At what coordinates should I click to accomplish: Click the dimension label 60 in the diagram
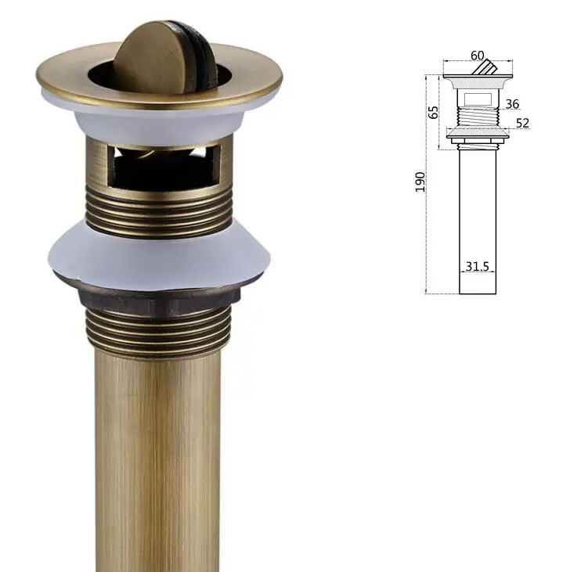click(x=477, y=56)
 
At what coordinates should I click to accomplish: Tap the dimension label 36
click(x=512, y=104)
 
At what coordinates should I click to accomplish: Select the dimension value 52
click(x=522, y=123)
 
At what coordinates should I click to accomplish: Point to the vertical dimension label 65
click(x=433, y=113)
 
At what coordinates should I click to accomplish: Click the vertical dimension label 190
click(x=420, y=182)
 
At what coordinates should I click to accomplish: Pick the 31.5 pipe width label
click(x=477, y=266)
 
